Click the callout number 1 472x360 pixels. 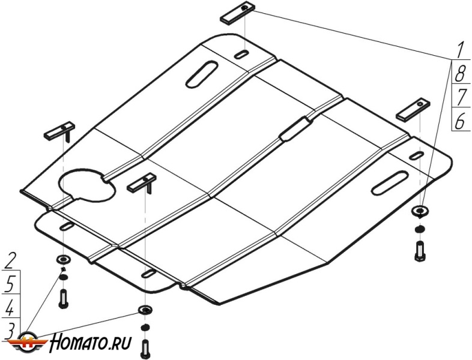[x=459, y=50]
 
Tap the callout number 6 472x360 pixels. [x=460, y=121]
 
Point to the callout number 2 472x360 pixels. [x=11, y=260]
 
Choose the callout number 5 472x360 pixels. [x=10, y=284]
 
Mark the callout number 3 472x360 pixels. [x=10, y=331]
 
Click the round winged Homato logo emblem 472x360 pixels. [x=27, y=343]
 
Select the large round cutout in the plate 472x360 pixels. [x=87, y=185]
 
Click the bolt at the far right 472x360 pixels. [x=419, y=251]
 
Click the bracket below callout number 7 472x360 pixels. [x=413, y=109]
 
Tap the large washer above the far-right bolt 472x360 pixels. [x=420, y=211]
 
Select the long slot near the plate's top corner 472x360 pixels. [x=202, y=74]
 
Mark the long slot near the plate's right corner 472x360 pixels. [x=390, y=182]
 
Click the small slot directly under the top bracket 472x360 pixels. [x=242, y=55]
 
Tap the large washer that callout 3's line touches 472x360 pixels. [x=145, y=309]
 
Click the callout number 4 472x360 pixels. [x=10, y=307]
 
